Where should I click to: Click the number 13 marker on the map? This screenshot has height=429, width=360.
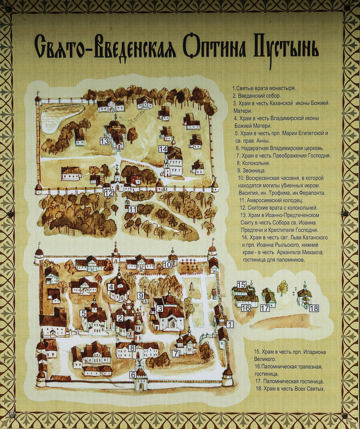click(104, 142)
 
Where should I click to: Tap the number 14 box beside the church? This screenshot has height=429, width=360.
click(163, 149)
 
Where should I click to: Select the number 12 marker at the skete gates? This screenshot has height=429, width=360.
click(108, 193)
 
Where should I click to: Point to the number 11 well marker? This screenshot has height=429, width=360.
click(133, 209)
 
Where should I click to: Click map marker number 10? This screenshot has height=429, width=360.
click(167, 265)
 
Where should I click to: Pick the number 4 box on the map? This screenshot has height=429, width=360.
click(111, 286)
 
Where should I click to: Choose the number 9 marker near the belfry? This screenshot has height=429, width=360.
click(141, 296)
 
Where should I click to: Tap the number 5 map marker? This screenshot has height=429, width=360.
click(83, 314)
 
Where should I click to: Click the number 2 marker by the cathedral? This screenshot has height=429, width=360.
click(120, 318)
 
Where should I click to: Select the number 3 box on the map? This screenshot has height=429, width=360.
click(160, 309)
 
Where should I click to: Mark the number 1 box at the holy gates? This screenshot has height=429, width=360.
click(230, 324)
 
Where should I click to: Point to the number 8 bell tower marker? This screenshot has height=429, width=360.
click(132, 347)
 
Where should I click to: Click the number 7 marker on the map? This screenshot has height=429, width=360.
click(175, 353)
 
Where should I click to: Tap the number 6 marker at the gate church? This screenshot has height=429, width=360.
click(133, 375)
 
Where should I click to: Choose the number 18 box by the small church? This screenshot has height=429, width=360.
click(313, 308)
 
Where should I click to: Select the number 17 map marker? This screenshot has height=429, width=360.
click(265, 308)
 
